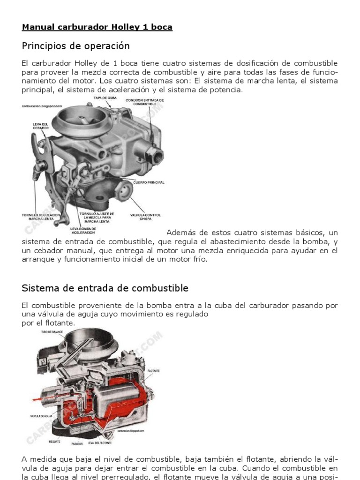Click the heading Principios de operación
tap(75, 46)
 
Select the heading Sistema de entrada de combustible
tap(105, 288)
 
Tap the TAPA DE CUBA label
tap(105, 98)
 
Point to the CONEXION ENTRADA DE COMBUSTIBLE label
tap(144, 102)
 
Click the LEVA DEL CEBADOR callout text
tap(40, 126)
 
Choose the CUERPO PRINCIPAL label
tap(149, 182)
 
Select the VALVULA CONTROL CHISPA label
tap(145, 217)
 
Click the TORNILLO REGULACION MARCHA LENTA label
tap(41, 217)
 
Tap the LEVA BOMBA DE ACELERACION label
tap(83, 231)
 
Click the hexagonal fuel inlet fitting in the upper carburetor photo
tap(153, 153)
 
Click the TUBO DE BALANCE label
tap(52, 332)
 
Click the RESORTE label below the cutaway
tap(55, 441)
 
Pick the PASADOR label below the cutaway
tap(77, 443)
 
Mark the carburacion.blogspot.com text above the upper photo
tap(42, 106)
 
